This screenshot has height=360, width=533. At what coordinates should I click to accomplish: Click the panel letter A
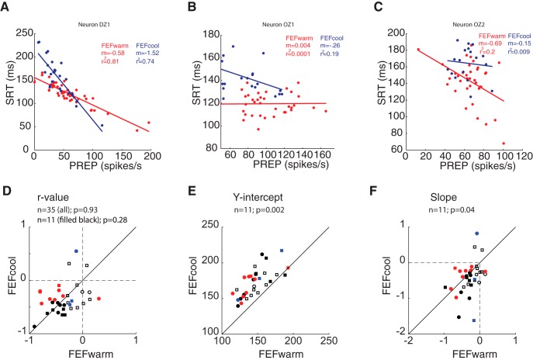point(8,7)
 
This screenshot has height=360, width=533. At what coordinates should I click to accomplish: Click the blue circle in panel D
point(75,251)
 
